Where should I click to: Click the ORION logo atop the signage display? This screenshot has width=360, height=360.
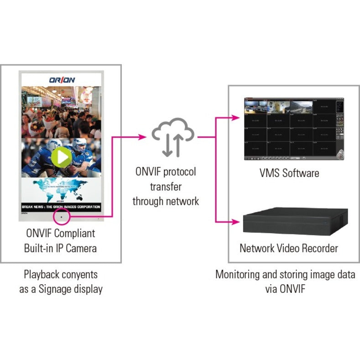pyautogui.click(x=62, y=80)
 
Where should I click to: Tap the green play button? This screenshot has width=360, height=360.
pyautogui.click(x=61, y=157)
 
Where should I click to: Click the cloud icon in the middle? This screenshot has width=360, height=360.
pyautogui.click(x=173, y=132)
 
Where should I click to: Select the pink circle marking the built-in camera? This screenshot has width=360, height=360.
pyautogui.click(x=61, y=215)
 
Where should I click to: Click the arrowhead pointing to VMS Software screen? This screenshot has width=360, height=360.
pyautogui.click(x=235, y=117)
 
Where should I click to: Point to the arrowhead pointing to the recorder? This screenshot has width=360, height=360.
pyautogui.click(x=235, y=222)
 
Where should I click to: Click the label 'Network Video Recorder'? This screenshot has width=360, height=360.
pyautogui.click(x=289, y=248)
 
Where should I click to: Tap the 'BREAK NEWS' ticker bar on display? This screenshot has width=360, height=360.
pyautogui.click(x=61, y=207)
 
